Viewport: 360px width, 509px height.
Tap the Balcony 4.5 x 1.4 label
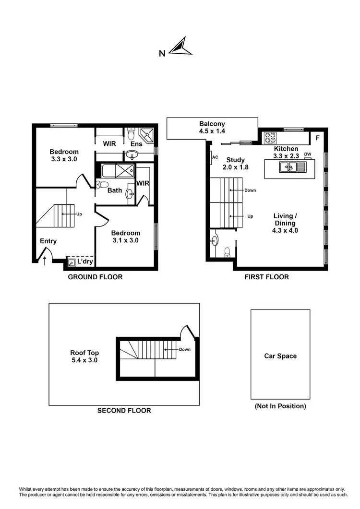pos(212,127)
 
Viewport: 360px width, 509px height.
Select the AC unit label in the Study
pos(215,157)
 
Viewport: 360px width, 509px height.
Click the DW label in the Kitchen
pos(308,154)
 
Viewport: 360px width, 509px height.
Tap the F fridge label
pos(317,138)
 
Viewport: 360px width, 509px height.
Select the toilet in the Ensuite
pos(132,134)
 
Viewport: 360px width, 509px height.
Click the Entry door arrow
pos(45,260)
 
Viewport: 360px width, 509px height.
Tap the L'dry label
pos(84,262)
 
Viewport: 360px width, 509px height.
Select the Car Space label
pos(280,356)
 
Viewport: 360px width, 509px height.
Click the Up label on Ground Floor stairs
pos(79,214)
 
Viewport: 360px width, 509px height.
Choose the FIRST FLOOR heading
pos(266,277)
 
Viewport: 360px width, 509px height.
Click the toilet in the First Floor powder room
pos(228,251)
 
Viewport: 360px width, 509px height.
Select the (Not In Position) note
pos(280,406)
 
